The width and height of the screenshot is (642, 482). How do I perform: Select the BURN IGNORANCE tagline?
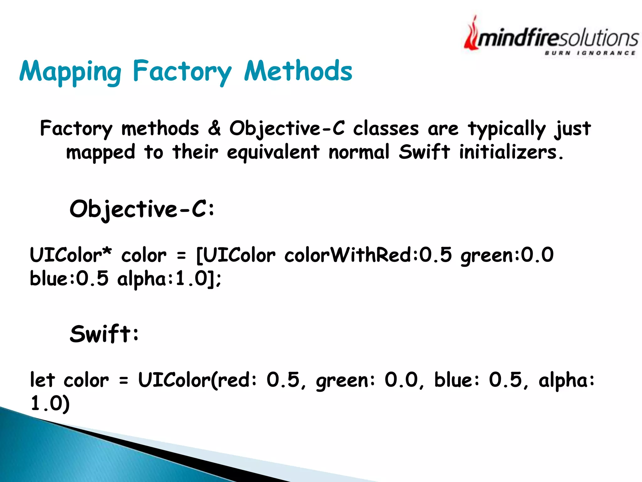click(590, 53)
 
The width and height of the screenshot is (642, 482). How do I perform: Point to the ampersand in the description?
click(214, 128)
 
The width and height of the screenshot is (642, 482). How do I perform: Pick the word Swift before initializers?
click(424, 152)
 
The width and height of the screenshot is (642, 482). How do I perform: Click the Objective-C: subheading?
click(142, 209)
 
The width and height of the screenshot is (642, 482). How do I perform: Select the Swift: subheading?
click(104, 334)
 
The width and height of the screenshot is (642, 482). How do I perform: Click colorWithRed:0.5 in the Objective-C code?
click(368, 255)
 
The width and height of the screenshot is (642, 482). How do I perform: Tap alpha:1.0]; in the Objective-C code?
click(169, 279)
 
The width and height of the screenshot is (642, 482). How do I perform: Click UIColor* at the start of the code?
click(71, 255)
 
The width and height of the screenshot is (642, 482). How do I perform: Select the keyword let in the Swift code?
click(42, 380)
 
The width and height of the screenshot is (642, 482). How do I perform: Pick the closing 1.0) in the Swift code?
click(50, 403)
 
